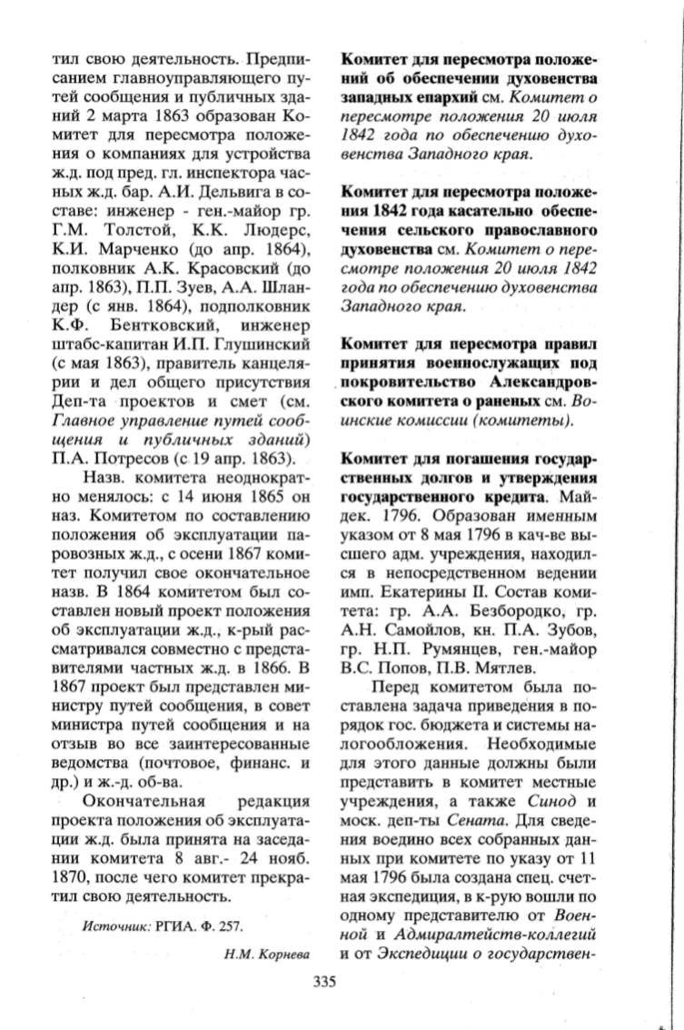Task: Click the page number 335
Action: pos(324,981)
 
